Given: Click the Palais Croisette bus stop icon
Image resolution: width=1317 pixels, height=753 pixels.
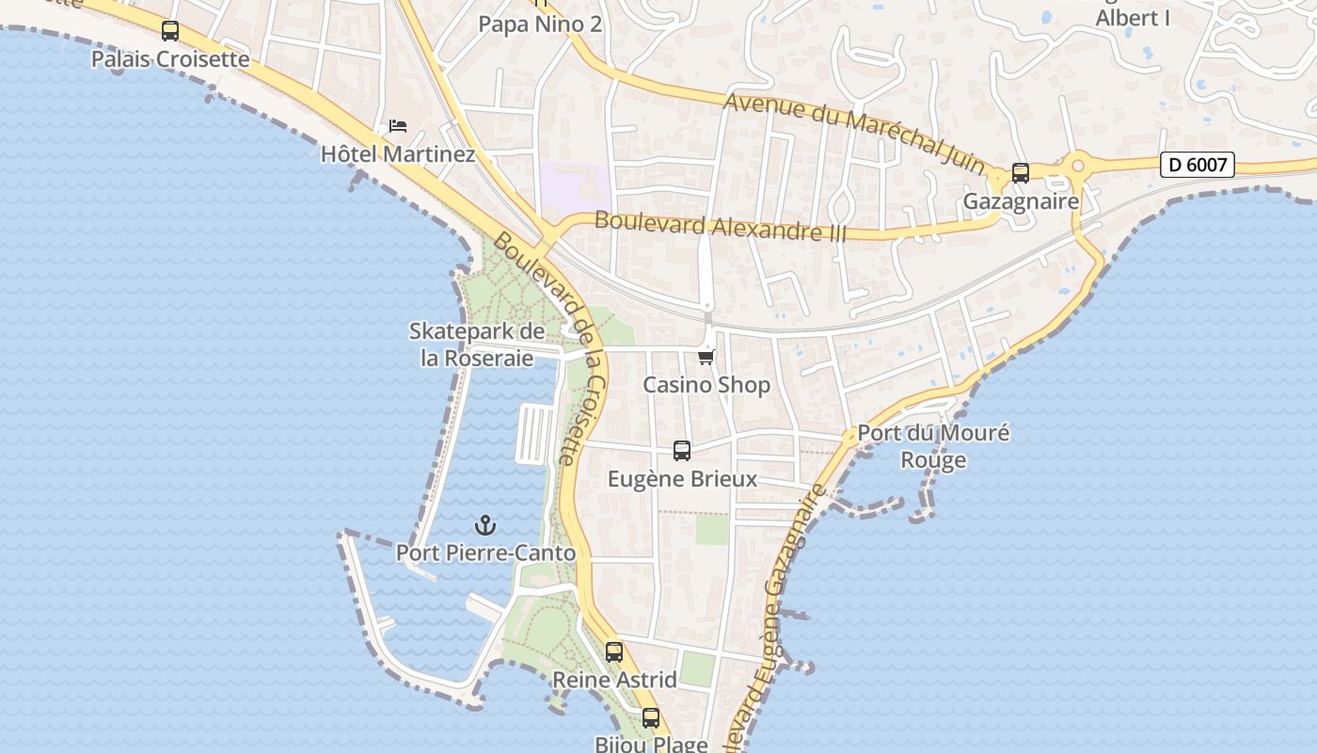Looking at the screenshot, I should click(x=170, y=31).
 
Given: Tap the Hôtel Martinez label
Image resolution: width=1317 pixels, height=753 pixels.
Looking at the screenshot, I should click(x=398, y=153).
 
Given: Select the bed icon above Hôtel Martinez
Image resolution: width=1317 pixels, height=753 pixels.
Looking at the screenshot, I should click(x=398, y=126).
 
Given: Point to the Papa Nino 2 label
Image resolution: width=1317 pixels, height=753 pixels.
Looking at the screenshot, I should click(x=540, y=24).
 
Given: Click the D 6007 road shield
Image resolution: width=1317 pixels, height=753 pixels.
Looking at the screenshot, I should click(x=1197, y=165).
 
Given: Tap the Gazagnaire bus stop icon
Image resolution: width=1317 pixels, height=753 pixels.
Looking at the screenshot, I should click(x=1021, y=173).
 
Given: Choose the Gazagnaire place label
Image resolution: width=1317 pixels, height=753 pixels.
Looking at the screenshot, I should click(x=1021, y=201).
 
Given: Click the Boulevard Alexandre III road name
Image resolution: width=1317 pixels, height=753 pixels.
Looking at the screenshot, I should click(x=721, y=226).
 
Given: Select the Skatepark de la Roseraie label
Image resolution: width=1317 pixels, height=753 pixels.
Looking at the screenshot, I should click(x=477, y=344).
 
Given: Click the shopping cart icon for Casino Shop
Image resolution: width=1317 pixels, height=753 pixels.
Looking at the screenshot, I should click(x=706, y=357).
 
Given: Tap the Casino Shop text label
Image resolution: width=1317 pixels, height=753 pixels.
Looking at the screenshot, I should click(x=706, y=384).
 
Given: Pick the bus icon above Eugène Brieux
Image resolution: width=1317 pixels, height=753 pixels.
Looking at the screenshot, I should click(x=682, y=451).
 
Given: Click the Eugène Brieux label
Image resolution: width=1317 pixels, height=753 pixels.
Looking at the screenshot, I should click(x=682, y=478).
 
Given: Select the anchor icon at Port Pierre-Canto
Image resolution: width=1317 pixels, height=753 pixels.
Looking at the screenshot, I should click(x=485, y=525).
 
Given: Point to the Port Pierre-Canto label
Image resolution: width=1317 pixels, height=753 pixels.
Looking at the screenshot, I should click(x=485, y=553).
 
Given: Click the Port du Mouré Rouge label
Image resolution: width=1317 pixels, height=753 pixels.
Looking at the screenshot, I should click(x=933, y=446).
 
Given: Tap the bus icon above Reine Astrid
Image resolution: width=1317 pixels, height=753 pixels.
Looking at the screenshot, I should click(x=614, y=651).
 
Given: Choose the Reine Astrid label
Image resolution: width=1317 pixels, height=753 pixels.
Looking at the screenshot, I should click(x=614, y=679).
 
